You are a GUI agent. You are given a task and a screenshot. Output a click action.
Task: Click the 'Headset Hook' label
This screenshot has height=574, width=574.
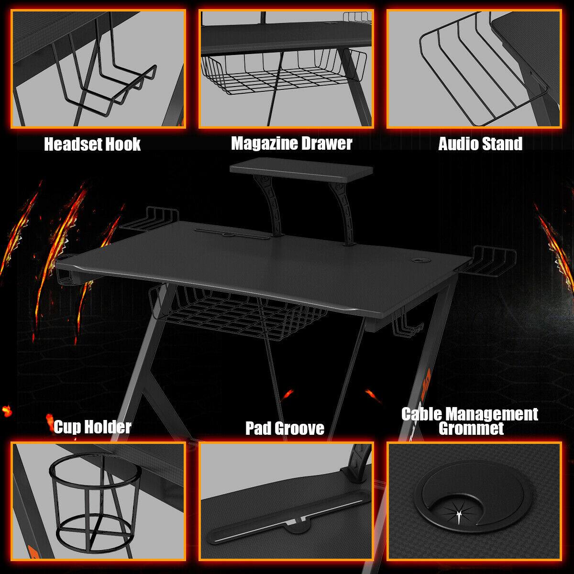pyautogui.click(x=92, y=144)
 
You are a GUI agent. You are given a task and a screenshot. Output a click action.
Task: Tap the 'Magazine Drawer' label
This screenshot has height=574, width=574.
pyautogui.click(x=291, y=143)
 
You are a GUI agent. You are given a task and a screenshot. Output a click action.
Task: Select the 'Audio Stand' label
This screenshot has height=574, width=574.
pyautogui.click(x=480, y=144)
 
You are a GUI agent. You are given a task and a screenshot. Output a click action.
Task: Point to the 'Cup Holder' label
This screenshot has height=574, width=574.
pyautogui.click(x=92, y=426)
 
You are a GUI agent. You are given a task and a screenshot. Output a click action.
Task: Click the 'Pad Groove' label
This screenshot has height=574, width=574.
pyautogui.click(x=285, y=428)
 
